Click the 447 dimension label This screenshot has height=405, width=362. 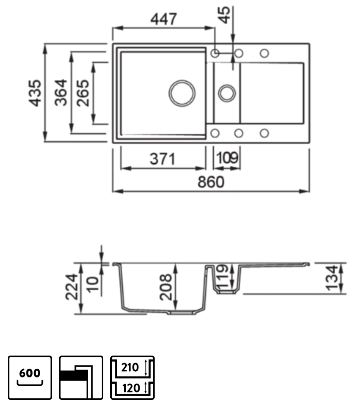pyautogui.click(x=163, y=19)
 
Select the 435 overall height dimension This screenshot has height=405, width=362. pyautogui.click(x=36, y=93)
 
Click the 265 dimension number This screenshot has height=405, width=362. pyautogui.click(x=83, y=93)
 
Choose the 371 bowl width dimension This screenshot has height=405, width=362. pyautogui.click(x=163, y=159)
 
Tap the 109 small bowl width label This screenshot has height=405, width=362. pyautogui.click(x=227, y=159)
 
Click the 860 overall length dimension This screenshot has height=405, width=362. pyautogui.click(x=210, y=182)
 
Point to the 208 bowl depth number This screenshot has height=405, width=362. pyautogui.click(x=166, y=287)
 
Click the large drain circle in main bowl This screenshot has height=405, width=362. pyautogui.click(x=182, y=93)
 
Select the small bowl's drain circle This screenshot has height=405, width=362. pyautogui.click(x=226, y=93)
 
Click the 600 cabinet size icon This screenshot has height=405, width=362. pyautogui.click(x=30, y=377)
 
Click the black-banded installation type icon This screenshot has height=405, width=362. pyautogui.click(x=81, y=377)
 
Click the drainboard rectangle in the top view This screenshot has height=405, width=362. pyautogui.click(x=271, y=93)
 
